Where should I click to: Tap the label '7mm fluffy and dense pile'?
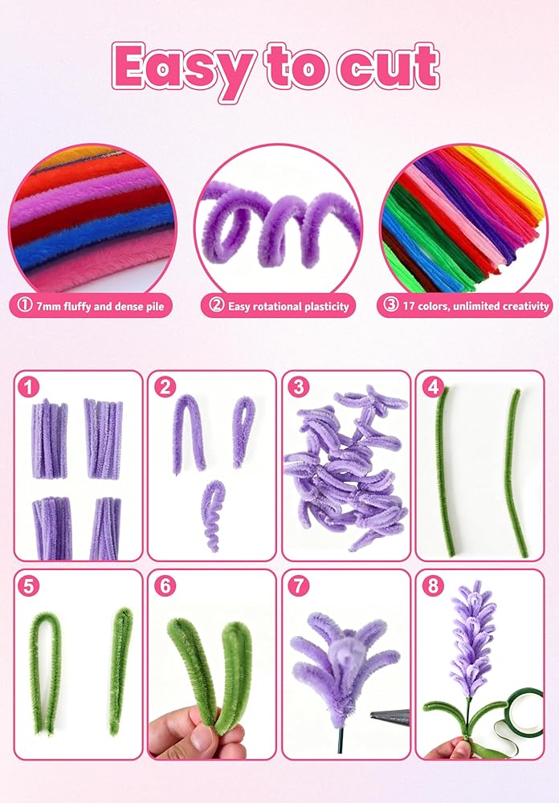pyautogui.click(x=90, y=306)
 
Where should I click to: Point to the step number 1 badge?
pyautogui.click(x=27, y=387)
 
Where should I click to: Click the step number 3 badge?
pyautogui.click(x=299, y=387)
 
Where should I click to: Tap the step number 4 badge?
pyautogui.click(x=433, y=387)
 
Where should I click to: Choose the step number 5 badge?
pyautogui.click(x=27, y=586)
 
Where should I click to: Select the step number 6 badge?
pyautogui.click(x=165, y=586)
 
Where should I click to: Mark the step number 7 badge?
pyautogui.click(x=299, y=586)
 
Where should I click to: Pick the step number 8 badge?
pyautogui.click(x=433, y=586)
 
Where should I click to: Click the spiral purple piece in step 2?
pyautogui.click(x=211, y=517)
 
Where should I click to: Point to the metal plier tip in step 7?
pyautogui.click(x=390, y=717)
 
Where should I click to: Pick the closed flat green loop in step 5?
pyautogui.click(x=120, y=671)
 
